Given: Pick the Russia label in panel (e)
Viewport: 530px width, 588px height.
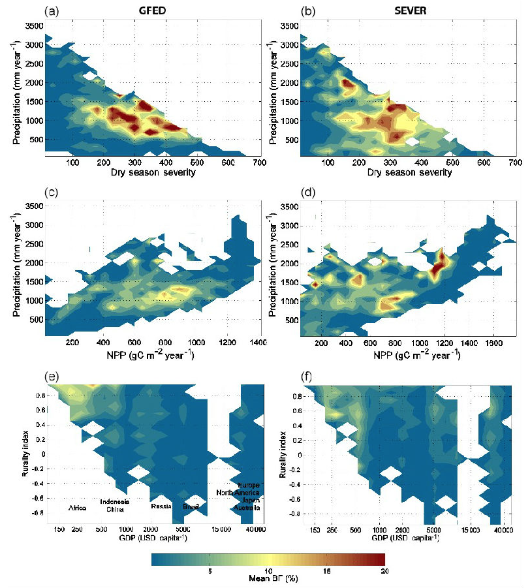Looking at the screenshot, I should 161,506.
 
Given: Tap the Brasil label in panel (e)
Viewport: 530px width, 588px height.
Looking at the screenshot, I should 191,506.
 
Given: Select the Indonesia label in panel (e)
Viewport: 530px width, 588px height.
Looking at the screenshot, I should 114,501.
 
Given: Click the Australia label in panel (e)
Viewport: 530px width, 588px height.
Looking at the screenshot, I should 248,508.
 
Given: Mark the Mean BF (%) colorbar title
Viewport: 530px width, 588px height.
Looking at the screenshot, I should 268,579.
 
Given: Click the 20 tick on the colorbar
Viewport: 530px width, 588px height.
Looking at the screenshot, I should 384,570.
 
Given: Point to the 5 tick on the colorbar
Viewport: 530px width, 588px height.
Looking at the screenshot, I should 210,570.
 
